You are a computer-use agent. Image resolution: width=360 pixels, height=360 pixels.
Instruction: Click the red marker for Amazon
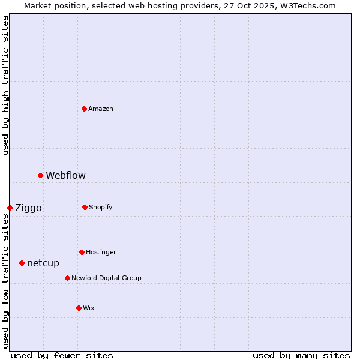coord(85,109)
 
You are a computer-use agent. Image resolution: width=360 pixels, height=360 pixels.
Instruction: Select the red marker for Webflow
coord(41,175)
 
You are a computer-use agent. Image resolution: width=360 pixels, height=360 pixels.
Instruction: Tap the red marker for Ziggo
coord(10,208)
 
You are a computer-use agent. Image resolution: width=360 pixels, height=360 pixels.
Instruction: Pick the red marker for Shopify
coord(85,207)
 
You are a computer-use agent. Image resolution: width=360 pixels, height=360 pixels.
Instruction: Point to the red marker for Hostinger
coord(82,252)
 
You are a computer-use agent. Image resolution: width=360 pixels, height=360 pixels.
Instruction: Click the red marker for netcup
coord(22,263)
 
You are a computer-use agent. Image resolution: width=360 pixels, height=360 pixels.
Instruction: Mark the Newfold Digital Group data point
coord(67,278)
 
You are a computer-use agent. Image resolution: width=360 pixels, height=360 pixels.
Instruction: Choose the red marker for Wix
coord(79,308)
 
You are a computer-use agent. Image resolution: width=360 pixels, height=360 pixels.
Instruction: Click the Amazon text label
coord(101,109)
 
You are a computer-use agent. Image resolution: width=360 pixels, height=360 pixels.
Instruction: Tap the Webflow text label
coord(66,175)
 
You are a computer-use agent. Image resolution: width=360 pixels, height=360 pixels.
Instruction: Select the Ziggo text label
coord(29,208)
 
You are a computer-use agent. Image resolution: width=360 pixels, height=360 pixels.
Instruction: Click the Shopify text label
coord(101,207)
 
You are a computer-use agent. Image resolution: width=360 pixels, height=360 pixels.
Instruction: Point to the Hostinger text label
coord(101,252)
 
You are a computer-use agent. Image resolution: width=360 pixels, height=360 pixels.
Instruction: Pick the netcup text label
coord(43,263)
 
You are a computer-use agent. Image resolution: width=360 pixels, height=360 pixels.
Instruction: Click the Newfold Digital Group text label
coord(107,278)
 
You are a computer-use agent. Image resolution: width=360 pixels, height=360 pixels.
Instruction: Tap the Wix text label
coord(89,308)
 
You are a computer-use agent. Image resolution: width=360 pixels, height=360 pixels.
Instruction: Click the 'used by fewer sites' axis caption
coord(62,355)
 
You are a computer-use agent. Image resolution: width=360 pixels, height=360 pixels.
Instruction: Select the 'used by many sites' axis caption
coord(301,355)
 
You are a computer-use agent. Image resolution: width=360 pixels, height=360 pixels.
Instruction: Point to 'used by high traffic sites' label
coord(5,85)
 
